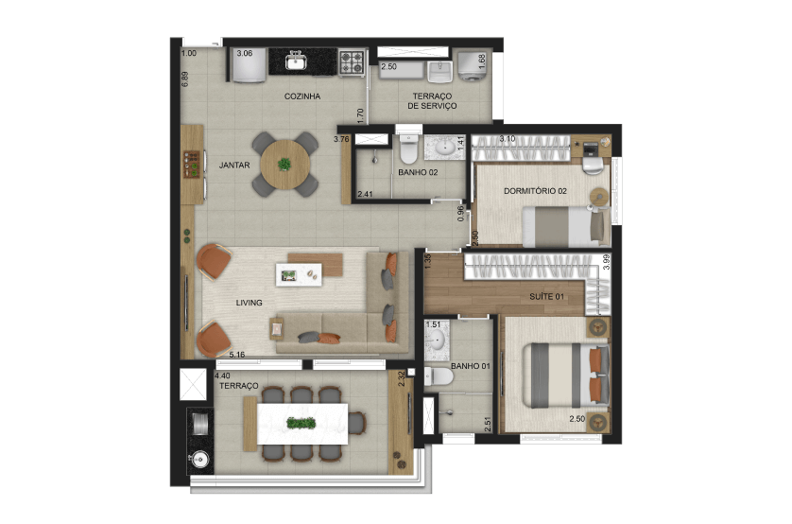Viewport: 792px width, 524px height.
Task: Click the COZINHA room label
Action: coord(302,96)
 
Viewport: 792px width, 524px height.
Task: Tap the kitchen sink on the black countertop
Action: coord(296,61)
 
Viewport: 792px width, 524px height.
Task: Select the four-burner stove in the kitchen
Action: coord(352,62)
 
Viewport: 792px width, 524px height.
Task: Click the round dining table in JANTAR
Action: coord(285,165)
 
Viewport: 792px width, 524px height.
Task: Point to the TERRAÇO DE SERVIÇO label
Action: coord(432,100)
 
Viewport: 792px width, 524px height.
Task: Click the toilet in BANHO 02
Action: coord(408,148)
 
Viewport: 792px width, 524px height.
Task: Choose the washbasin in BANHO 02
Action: coord(445,148)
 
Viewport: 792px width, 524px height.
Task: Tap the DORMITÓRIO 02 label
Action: coord(536,191)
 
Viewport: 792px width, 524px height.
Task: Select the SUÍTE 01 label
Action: coord(546,297)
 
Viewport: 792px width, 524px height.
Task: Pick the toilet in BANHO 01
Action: coord(439,376)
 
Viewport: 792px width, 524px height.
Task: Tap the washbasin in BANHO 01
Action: coord(437,339)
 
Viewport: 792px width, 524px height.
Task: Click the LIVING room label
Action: coord(249,303)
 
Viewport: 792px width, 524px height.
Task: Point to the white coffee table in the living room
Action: coord(299,274)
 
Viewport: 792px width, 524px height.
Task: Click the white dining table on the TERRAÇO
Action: coord(302,424)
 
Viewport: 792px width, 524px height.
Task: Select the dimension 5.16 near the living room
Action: coord(237,355)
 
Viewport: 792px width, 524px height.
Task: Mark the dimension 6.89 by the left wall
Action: coord(185,79)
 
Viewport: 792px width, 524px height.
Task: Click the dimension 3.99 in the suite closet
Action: coord(607,262)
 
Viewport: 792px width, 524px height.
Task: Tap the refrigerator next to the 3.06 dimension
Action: coord(248,65)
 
